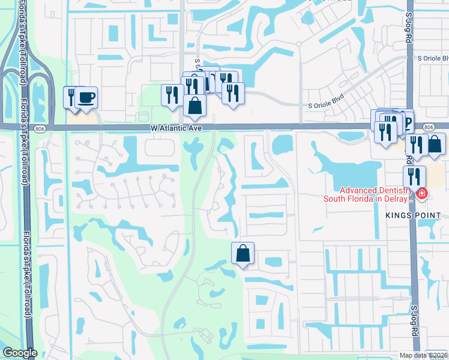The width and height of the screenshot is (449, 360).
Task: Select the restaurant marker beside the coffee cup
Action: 72,97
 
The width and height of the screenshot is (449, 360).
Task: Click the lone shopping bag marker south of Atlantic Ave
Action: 243,253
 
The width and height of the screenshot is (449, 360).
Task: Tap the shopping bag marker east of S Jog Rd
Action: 436,144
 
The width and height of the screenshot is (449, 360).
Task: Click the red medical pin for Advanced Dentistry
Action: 422,193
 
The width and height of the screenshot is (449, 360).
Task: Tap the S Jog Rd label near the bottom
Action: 414,316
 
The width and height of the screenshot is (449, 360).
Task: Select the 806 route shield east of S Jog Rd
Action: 429,127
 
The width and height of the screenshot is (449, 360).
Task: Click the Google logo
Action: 20,353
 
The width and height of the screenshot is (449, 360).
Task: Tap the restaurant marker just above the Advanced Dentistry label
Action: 414,176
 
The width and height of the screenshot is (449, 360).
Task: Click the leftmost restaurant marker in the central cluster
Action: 172,95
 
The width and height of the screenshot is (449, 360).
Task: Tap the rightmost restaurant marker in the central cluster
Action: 232,93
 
